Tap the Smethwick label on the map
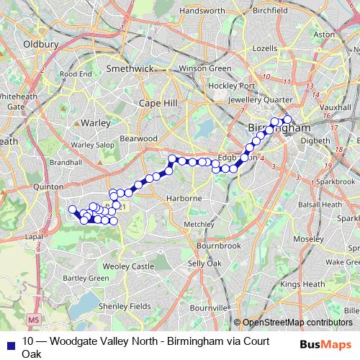[x=130, y=68]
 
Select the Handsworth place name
[x=202, y=12]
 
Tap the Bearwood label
[x=138, y=138]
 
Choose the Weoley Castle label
[x=133, y=266]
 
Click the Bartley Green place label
[x=89, y=277]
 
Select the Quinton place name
[x=49, y=186]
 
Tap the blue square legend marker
[x=9, y=341]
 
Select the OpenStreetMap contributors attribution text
[x=297, y=323]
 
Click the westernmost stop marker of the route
[x=72, y=210]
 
